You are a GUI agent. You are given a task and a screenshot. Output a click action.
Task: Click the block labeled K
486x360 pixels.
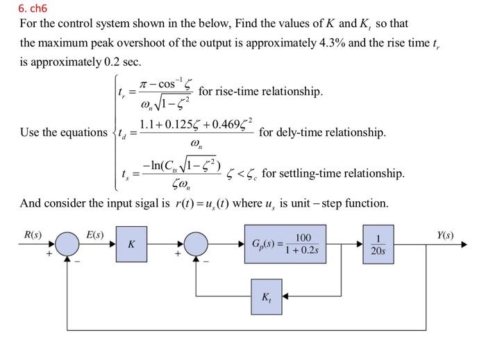(x=132, y=244)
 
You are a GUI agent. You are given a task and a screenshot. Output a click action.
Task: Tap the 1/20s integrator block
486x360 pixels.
(x=378, y=244)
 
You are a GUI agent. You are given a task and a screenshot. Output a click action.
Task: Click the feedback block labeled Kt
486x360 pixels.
(x=267, y=297)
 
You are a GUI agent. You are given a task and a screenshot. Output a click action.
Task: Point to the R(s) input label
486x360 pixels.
(x=33, y=234)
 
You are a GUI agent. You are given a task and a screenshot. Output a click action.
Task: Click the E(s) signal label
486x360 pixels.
(x=94, y=234)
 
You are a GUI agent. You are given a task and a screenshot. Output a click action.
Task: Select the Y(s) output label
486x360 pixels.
(x=446, y=234)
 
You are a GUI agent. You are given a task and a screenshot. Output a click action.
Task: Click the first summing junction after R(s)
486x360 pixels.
(x=68, y=244)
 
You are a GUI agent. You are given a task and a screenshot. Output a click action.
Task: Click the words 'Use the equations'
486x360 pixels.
(x=63, y=132)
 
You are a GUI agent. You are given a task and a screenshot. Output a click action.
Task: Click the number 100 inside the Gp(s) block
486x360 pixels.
(x=303, y=238)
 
